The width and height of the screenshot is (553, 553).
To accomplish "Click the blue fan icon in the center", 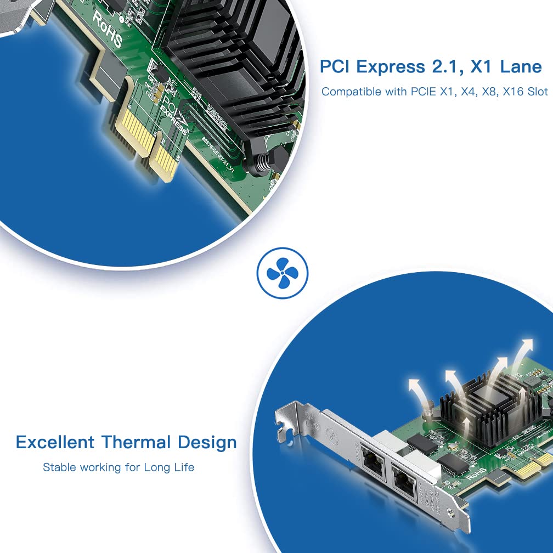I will point(283,273).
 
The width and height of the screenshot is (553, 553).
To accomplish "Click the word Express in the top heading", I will point(389,67).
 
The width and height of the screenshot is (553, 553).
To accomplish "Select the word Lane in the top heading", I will point(521,67).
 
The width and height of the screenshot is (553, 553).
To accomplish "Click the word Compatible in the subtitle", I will point(350,92).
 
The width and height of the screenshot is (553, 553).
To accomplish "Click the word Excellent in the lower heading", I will point(55,442).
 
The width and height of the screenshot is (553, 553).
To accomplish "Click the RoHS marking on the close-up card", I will point(108,27).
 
